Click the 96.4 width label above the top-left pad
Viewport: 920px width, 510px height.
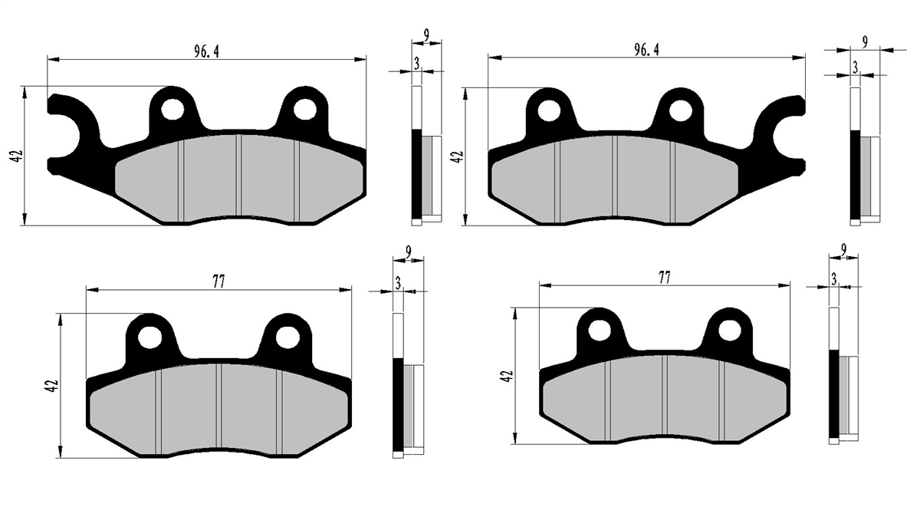[206, 51]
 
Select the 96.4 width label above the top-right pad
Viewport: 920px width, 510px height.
[646, 50]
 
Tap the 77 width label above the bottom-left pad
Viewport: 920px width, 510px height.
[219, 282]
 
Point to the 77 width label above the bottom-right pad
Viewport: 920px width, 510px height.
[665, 278]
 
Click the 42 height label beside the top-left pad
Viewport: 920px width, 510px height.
[17, 156]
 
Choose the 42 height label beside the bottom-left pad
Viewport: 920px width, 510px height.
[53, 386]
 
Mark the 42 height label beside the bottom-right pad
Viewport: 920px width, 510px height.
[508, 376]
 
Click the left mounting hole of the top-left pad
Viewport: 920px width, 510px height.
[173, 110]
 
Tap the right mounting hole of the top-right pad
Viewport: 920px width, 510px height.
[681, 110]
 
